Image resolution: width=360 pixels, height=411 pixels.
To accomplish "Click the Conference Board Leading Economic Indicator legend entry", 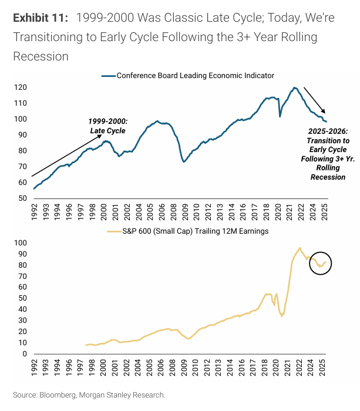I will pos(188,76).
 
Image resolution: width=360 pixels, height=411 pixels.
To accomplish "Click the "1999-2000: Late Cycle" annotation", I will pos(108,126).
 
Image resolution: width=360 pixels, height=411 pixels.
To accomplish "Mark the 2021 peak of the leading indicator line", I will pos(295,87).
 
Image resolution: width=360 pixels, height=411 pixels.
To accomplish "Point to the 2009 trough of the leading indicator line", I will pos(184,161).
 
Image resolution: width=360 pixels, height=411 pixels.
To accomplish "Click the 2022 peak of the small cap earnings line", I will pos(300,248).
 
